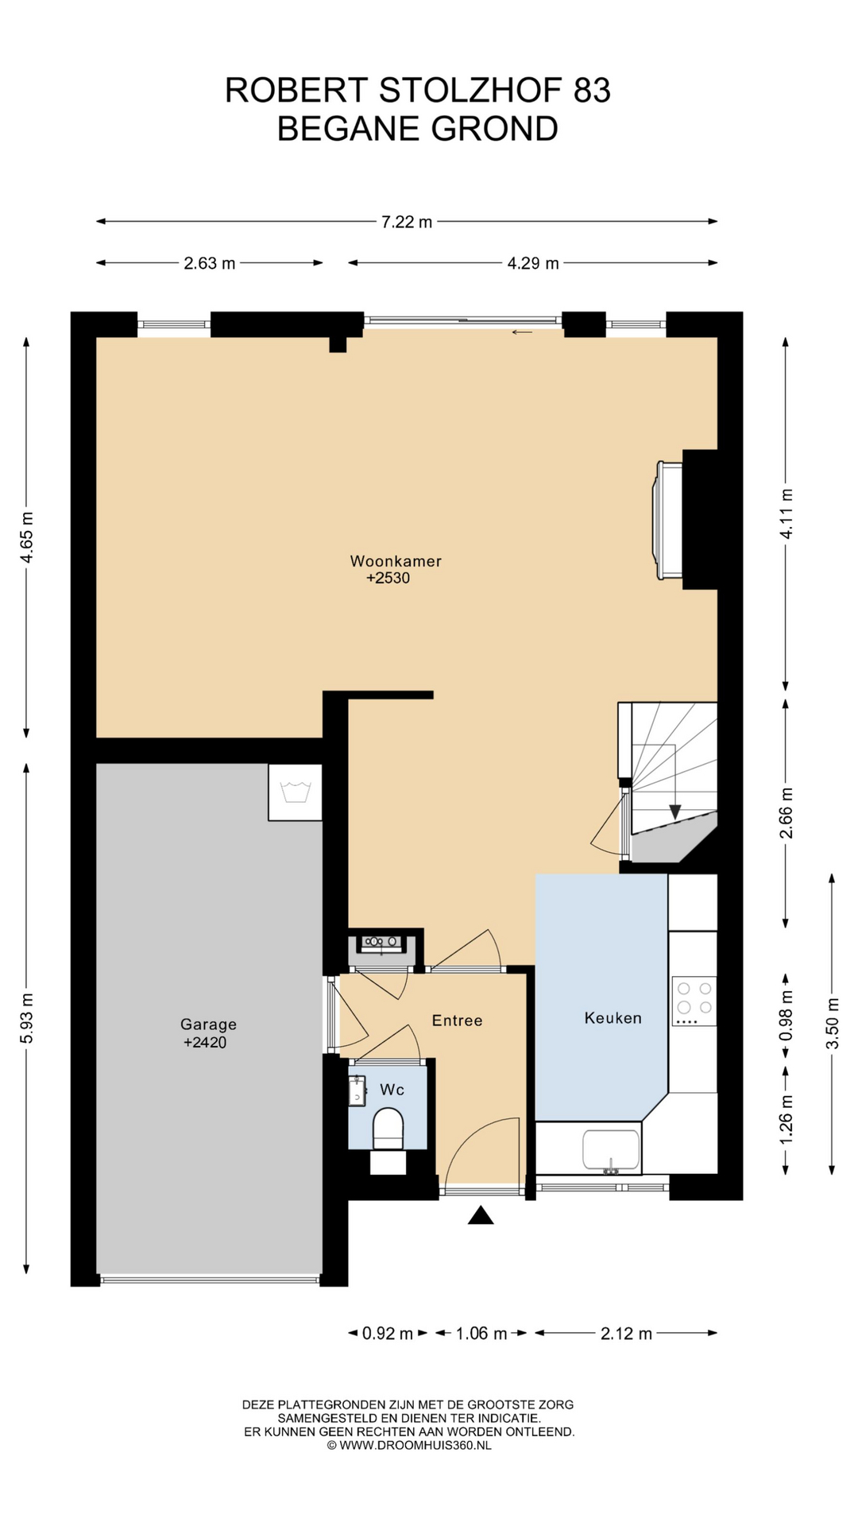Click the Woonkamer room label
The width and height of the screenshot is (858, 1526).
click(396, 561)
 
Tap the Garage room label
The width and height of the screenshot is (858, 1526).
click(208, 1024)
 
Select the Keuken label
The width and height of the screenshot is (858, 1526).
click(613, 1017)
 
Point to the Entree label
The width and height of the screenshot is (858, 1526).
click(457, 1021)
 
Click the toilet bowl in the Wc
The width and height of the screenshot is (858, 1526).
click(388, 1130)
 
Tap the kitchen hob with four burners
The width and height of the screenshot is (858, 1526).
click(694, 1001)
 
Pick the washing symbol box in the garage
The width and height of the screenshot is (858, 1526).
click(296, 792)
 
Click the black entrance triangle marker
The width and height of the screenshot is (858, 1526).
click(481, 1215)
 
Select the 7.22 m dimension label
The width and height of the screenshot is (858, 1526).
click(407, 222)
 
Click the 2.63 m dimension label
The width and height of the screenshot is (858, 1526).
click(210, 263)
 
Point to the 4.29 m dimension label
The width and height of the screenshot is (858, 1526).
click(533, 263)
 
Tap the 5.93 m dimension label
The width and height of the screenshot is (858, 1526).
click(27, 1019)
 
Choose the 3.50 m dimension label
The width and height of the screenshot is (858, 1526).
click(833, 1023)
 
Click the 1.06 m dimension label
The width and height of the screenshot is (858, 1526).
click(481, 1334)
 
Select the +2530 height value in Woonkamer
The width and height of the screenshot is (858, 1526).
click(388, 579)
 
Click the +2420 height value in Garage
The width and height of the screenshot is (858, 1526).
click(205, 1043)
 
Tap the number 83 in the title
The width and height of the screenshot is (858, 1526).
click(592, 91)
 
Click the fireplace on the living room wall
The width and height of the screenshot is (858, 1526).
click(667, 521)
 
